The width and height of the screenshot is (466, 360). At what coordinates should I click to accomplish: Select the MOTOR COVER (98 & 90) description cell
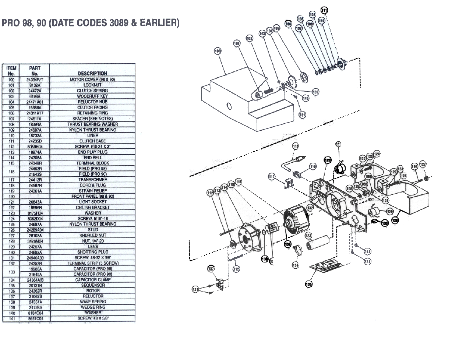[92, 80]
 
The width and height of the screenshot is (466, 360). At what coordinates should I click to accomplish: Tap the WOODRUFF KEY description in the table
[92, 96]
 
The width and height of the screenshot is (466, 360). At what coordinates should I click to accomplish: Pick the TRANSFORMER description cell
[92, 180]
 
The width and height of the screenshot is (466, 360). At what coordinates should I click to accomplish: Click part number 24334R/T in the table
[35, 80]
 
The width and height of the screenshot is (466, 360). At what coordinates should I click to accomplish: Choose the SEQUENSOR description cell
[92, 285]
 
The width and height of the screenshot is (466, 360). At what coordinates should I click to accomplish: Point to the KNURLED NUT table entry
[92, 235]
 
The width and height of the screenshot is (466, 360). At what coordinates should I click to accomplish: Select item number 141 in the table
[11, 318]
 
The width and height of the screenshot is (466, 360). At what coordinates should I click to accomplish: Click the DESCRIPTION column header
[92, 73]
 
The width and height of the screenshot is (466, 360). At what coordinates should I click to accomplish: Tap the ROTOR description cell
[92, 291]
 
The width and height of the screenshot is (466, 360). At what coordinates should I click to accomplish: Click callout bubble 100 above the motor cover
[218, 51]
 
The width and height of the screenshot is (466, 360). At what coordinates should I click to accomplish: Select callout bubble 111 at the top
[324, 10]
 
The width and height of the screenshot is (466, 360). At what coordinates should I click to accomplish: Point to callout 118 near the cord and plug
[296, 146]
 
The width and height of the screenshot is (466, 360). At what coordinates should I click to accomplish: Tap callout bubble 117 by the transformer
[272, 177]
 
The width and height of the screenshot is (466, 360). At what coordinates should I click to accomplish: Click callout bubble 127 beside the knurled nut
[423, 164]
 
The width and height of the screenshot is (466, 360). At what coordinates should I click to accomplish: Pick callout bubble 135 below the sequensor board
[308, 284]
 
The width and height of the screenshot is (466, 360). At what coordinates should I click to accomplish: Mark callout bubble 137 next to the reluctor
[211, 269]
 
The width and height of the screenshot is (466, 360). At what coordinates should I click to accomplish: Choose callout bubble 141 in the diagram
[367, 251]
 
